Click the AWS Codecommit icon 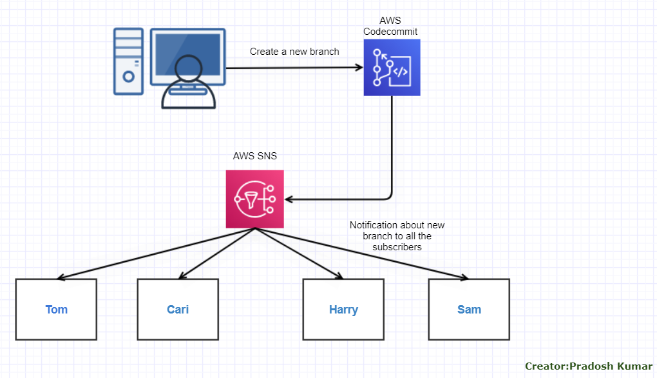coord(392,68)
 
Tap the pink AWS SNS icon coord(255,199)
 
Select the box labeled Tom coord(56,310)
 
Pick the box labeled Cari coord(178,310)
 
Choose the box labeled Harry coord(343,310)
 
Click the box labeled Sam coord(469,310)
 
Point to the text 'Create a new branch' coord(294,52)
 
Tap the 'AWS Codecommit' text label coord(390,26)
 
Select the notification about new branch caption coord(397,236)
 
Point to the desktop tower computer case coord(128,61)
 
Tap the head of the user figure coord(189,68)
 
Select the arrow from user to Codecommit coord(296,67)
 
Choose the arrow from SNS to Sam coord(361,254)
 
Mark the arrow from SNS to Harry coord(298,254)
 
